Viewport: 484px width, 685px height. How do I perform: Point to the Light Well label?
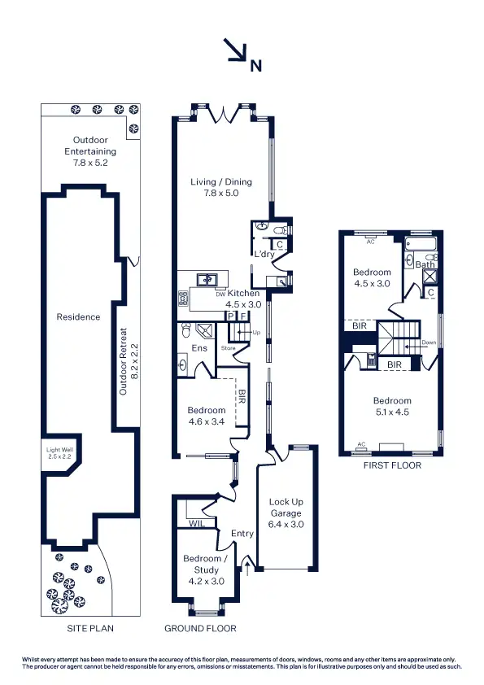[x=59, y=452]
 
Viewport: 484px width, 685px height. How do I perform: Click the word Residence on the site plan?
[x=78, y=317]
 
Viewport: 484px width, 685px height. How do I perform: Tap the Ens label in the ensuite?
[x=199, y=348]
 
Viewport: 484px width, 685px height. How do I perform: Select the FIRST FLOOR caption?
[x=395, y=465]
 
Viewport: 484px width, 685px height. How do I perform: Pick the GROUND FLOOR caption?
[x=200, y=628]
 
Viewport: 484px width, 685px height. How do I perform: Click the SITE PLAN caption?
[x=89, y=628]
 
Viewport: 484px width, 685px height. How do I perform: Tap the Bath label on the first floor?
[x=425, y=264]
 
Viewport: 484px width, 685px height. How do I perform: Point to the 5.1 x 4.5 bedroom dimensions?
[x=392, y=412]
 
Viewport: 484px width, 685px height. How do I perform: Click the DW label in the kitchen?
[x=220, y=295]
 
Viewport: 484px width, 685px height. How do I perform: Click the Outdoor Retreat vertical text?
[x=124, y=362]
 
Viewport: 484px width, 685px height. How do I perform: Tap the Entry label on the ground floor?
[x=242, y=534]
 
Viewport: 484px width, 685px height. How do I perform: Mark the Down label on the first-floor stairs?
[x=429, y=342]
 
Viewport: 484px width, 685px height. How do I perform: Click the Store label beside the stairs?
[x=228, y=347]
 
